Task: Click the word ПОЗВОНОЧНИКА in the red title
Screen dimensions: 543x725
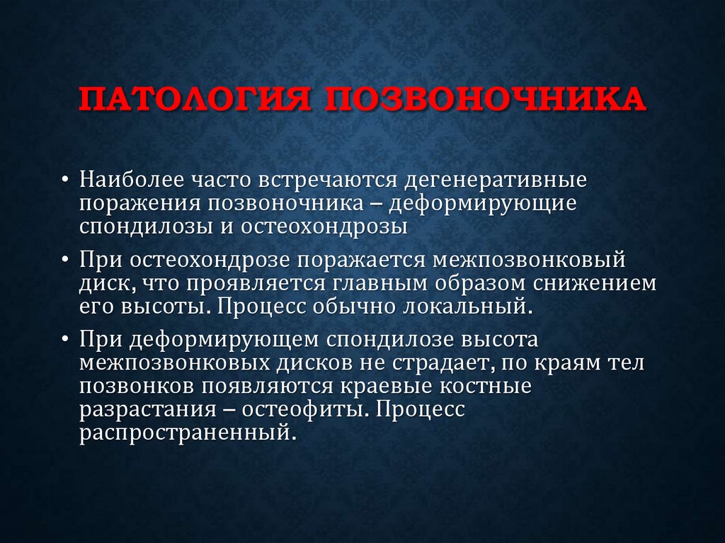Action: tap(485, 100)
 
